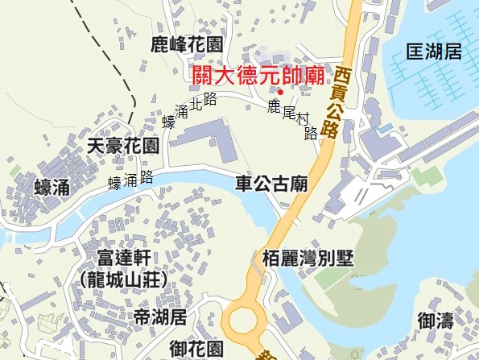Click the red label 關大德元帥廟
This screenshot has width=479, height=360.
[x=258, y=77]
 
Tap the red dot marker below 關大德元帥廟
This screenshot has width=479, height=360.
[x=280, y=91]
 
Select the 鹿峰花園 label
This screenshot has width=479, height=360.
[x=187, y=44]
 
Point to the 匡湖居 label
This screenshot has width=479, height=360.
[x=434, y=52]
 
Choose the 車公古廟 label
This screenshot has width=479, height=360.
[x=271, y=183]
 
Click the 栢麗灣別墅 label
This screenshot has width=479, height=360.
[x=308, y=259]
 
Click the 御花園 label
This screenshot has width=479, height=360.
[x=196, y=349]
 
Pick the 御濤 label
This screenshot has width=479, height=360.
[x=436, y=321]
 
